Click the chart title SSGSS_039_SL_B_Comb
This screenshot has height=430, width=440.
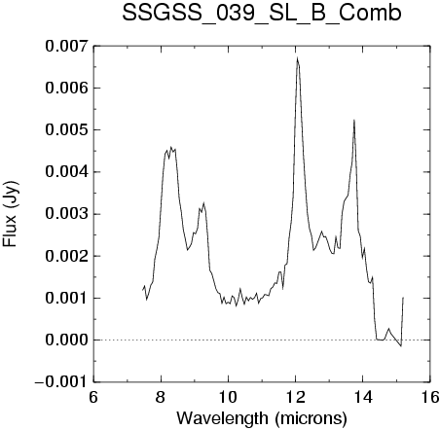click(262, 14)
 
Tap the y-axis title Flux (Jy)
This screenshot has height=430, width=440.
click(11, 214)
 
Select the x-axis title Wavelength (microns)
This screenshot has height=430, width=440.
click(262, 417)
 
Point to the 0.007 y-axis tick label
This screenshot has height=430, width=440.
click(67, 46)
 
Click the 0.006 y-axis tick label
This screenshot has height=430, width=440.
click(67, 88)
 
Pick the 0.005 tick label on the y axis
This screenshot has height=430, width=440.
click(67, 129)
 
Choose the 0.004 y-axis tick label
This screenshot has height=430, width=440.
click(67, 172)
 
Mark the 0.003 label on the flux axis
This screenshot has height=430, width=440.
click(67, 214)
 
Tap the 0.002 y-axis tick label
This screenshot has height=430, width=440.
click(67, 256)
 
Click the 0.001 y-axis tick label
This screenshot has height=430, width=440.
click(67, 298)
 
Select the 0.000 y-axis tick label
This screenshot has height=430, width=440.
click(67, 340)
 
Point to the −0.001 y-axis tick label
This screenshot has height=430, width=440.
click(61, 382)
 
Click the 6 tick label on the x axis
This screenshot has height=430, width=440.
click(93, 397)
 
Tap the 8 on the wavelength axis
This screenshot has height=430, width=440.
click(161, 397)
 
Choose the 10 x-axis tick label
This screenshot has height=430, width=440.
click(228, 397)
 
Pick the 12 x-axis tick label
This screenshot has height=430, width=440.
click(296, 397)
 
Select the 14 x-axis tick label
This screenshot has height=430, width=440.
click(363, 397)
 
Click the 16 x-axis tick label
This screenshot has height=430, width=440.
click(430, 397)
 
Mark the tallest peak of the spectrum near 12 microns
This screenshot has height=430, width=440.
click(297, 57)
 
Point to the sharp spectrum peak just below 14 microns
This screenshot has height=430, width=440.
click(354, 120)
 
